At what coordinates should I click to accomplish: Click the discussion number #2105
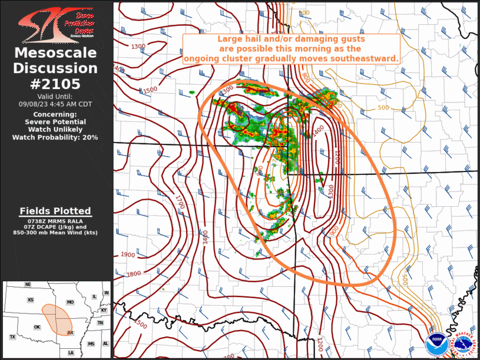click(56, 83)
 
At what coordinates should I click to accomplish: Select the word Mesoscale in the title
click(56, 53)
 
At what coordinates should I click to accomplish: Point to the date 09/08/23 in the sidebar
click(34, 103)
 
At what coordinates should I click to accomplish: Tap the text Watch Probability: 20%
click(55, 137)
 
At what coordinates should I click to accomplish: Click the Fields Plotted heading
click(55, 211)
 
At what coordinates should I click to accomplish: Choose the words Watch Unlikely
click(55, 129)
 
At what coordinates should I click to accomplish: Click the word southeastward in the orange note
click(368, 59)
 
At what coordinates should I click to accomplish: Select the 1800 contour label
click(134, 273)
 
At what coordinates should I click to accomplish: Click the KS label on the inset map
click(30, 300)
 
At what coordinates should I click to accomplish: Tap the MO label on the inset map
click(71, 302)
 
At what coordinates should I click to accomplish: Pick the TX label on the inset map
click(12, 336)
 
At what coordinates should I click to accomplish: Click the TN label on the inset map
click(100, 323)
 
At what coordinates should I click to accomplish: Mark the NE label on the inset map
click(28, 285)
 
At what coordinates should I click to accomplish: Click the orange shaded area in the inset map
click(57, 318)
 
